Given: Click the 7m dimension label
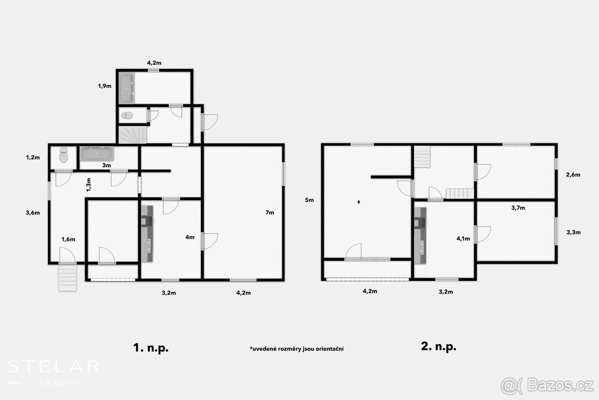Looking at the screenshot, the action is point(270,212).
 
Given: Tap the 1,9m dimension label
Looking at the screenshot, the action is point(104,86).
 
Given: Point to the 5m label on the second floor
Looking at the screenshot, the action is point(309,200).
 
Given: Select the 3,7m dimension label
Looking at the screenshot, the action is point(518,207).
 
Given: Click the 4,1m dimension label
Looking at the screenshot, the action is point(463,238).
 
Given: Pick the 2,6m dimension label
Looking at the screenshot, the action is point(573,174).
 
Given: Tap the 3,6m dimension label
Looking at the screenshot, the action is point(32,212).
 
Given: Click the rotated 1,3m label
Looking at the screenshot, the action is point(89,184).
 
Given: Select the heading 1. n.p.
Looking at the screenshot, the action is point(151,348).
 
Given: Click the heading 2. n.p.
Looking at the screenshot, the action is point(439,346).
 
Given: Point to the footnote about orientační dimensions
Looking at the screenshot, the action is point(297,349).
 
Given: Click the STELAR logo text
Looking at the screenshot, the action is point(53,367).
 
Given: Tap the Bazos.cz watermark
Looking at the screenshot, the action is point(547,386).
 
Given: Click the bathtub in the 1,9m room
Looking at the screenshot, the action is point(127,88).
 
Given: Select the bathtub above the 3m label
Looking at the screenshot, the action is point(97,154).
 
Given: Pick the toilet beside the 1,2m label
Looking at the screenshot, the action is point(63,154).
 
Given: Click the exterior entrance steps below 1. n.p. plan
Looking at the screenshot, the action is point(67,278).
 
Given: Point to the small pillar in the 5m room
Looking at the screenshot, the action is point(359,202).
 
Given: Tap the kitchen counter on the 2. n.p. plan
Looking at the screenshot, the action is point(420,236).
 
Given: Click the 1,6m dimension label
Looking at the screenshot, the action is point(68,239).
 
